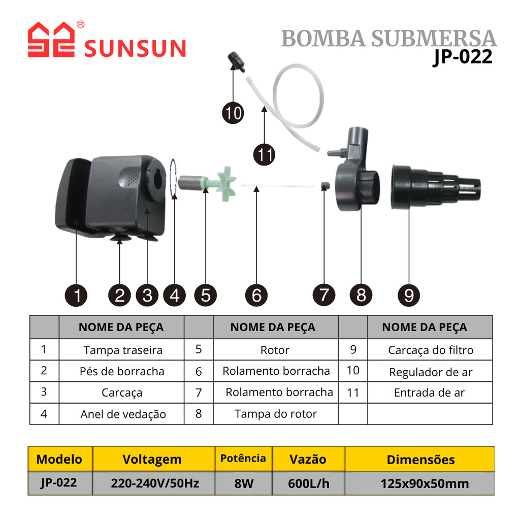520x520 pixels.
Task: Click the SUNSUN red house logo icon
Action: click(x=51, y=40)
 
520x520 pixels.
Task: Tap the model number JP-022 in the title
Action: click(x=462, y=57)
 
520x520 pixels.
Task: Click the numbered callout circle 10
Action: click(x=233, y=113)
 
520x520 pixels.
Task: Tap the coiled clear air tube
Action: click(x=300, y=102)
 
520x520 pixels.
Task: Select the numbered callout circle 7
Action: click(x=324, y=295)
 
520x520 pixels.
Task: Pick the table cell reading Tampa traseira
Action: click(x=123, y=350)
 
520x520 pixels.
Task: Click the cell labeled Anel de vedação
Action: click(x=123, y=414)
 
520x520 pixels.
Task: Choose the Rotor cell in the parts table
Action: click(x=275, y=350)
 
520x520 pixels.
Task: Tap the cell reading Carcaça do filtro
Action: click(x=430, y=350)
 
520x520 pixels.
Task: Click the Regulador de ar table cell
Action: click(x=430, y=372)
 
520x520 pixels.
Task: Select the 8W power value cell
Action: click(x=244, y=483)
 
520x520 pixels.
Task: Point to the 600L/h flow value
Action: click(x=308, y=483)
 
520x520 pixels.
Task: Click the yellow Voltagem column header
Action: click(x=152, y=459)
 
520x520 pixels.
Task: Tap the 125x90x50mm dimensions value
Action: click(x=425, y=483)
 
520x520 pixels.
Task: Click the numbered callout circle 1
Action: click(x=76, y=295)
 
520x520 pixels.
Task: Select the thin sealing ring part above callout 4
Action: click(x=173, y=178)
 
